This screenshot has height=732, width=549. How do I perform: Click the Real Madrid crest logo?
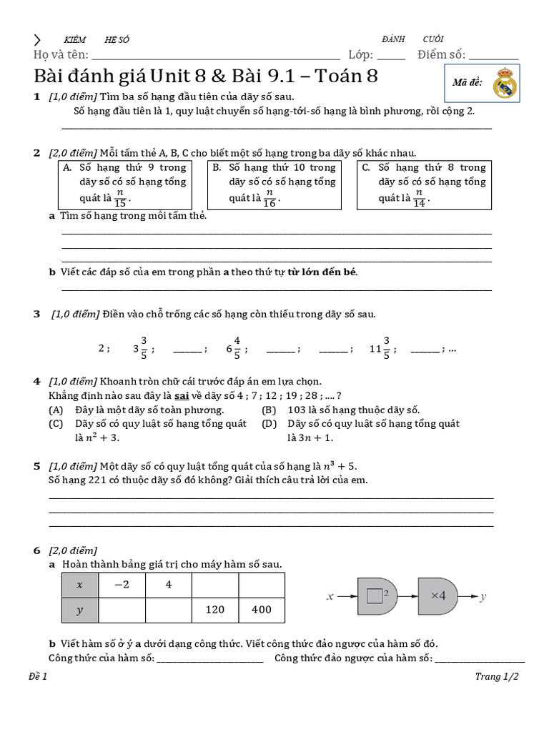pyautogui.click(x=505, y=83)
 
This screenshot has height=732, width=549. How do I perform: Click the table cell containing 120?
pyautogui.click(x=214, y=610)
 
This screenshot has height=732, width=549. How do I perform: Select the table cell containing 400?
pyautogui.click(x=261, y=610)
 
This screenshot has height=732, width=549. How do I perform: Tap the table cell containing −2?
pyautogui.click(x=122, y=585)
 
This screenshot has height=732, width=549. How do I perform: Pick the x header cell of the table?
pyautogui.click(x=79, y=585)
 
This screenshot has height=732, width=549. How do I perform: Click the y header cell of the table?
pyautogui.click(x=79, y=610)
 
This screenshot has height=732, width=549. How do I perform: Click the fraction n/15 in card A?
pyautogui.click(x=121, y=198)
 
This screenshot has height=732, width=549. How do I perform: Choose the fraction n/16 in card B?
pyautogui.click(x=269, y=198)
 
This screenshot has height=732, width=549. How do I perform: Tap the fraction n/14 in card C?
pyautogui.click(x=420, y=198)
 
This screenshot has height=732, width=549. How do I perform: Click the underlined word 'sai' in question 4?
pyautogui.click(x=182, y=396)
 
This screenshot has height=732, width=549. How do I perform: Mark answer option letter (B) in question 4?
pyautogui.click(x=269, y=410)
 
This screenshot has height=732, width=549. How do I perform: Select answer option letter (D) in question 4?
pyautogui.click(x=269, y=424)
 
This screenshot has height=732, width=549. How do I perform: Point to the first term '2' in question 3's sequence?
pyautogui.click(x=102, y=349)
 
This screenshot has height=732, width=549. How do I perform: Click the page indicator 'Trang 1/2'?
pyautogui.click(x=496, y=677)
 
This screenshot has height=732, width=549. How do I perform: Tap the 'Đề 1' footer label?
pyautogui.click(x=38, y=677)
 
